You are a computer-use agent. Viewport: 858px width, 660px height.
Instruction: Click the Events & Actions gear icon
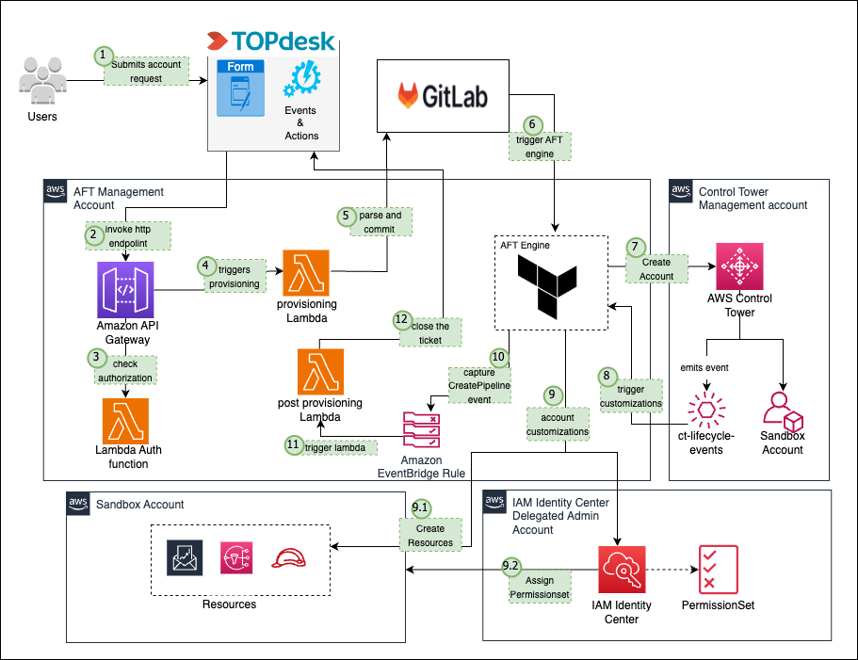(x=300, y=81)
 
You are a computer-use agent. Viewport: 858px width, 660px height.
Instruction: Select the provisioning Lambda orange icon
(x=306, y=273)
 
